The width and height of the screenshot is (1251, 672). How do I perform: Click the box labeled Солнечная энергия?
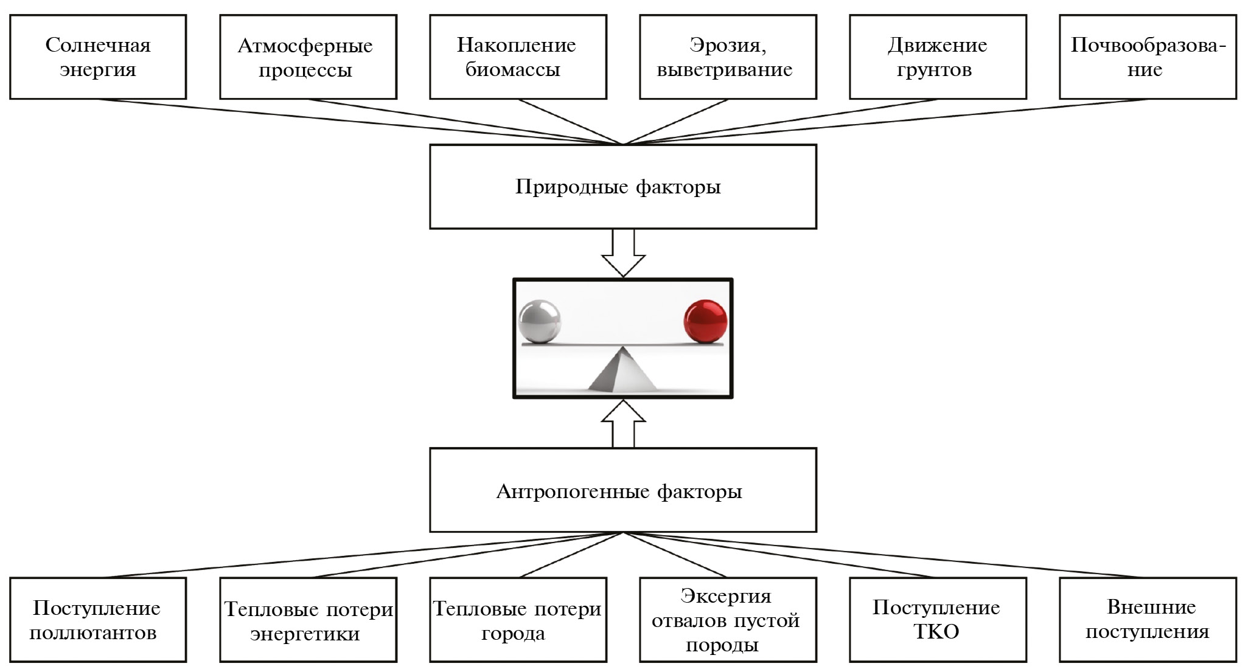[x=98, y=57]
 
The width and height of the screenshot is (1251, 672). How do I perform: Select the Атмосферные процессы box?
[x=308, y=57]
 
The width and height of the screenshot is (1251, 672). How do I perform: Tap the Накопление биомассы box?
[x=518, y=57]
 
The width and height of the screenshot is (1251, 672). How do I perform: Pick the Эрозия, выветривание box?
[x=728, y=57]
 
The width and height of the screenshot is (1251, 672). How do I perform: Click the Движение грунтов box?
[x=938, y=57]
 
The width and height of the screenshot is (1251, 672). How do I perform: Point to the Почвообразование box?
[x=1148, y=57]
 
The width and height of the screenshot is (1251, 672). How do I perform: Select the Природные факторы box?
[x=623, y=187]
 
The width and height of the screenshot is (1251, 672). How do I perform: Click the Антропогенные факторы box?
[x=623, y=491]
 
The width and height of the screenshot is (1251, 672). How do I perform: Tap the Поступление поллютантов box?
[x=98, y=620]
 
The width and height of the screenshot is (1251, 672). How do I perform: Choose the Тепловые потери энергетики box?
[x=308, y=620]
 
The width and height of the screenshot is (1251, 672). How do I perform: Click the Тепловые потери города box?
[x=518, y=620]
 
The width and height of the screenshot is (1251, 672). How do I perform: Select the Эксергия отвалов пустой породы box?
[x=728, y=620]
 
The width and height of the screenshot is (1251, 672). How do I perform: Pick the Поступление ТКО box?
[x=938, y=620]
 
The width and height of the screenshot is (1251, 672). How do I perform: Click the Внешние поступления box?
[x=1148, y=620]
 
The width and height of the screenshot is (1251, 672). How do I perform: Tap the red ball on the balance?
[x=705, y=321]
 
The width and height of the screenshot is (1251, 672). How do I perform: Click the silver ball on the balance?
[x=539, y=321]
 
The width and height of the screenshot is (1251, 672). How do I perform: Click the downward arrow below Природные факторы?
[x=623, y=254]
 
